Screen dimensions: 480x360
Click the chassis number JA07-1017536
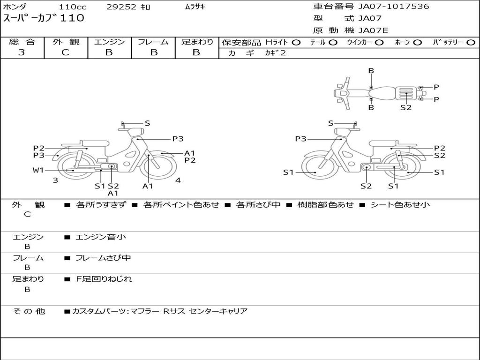394,7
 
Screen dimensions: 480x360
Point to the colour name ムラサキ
195,7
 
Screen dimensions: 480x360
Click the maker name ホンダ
15,7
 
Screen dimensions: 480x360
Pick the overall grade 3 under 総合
22,52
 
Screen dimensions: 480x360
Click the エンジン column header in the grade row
109,42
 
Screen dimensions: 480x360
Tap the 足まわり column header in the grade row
197,42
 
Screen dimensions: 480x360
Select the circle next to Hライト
296,42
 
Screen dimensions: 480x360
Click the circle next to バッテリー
470,42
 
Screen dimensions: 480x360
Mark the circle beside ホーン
417,42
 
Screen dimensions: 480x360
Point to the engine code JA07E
373,30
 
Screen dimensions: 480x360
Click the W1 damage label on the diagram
38,170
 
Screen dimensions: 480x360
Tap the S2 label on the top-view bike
406,107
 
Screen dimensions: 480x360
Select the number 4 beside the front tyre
178,180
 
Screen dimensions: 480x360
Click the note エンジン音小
100,237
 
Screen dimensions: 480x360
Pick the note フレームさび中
103,258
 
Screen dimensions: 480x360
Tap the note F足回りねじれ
104,279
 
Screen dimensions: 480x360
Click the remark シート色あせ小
400,204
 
